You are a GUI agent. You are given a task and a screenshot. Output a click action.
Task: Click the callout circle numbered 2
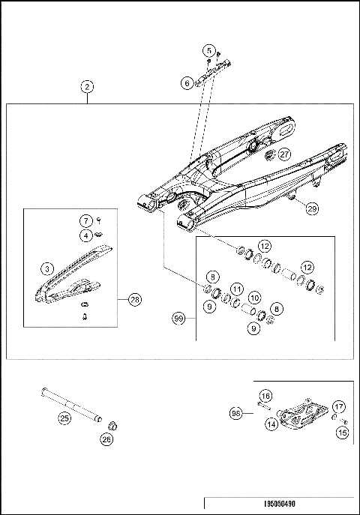pos(88,86)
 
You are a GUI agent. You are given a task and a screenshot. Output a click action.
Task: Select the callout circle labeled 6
pos(187,84)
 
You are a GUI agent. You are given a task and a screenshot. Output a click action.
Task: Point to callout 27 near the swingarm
pos(284,154)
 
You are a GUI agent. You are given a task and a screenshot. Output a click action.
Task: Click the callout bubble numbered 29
pos(311,210)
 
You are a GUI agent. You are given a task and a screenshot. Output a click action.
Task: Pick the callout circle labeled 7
pos(86,220)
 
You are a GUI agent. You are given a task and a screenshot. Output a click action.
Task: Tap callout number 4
pos(86,235)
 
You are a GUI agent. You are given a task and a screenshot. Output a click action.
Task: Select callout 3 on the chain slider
pos(46,268)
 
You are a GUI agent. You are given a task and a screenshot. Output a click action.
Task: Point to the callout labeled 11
pos(236,289)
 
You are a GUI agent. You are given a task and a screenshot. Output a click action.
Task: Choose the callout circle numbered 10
pos(253,298)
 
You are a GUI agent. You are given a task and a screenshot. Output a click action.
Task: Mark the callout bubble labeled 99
pos(179,319)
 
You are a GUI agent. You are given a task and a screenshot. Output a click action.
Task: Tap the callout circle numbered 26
pos(107,440)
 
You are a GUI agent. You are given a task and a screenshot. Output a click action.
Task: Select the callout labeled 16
pos(265,395)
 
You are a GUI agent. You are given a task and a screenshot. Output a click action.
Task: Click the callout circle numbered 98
pos(235,412)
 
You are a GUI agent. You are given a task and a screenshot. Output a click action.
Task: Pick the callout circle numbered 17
pos(339,407)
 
